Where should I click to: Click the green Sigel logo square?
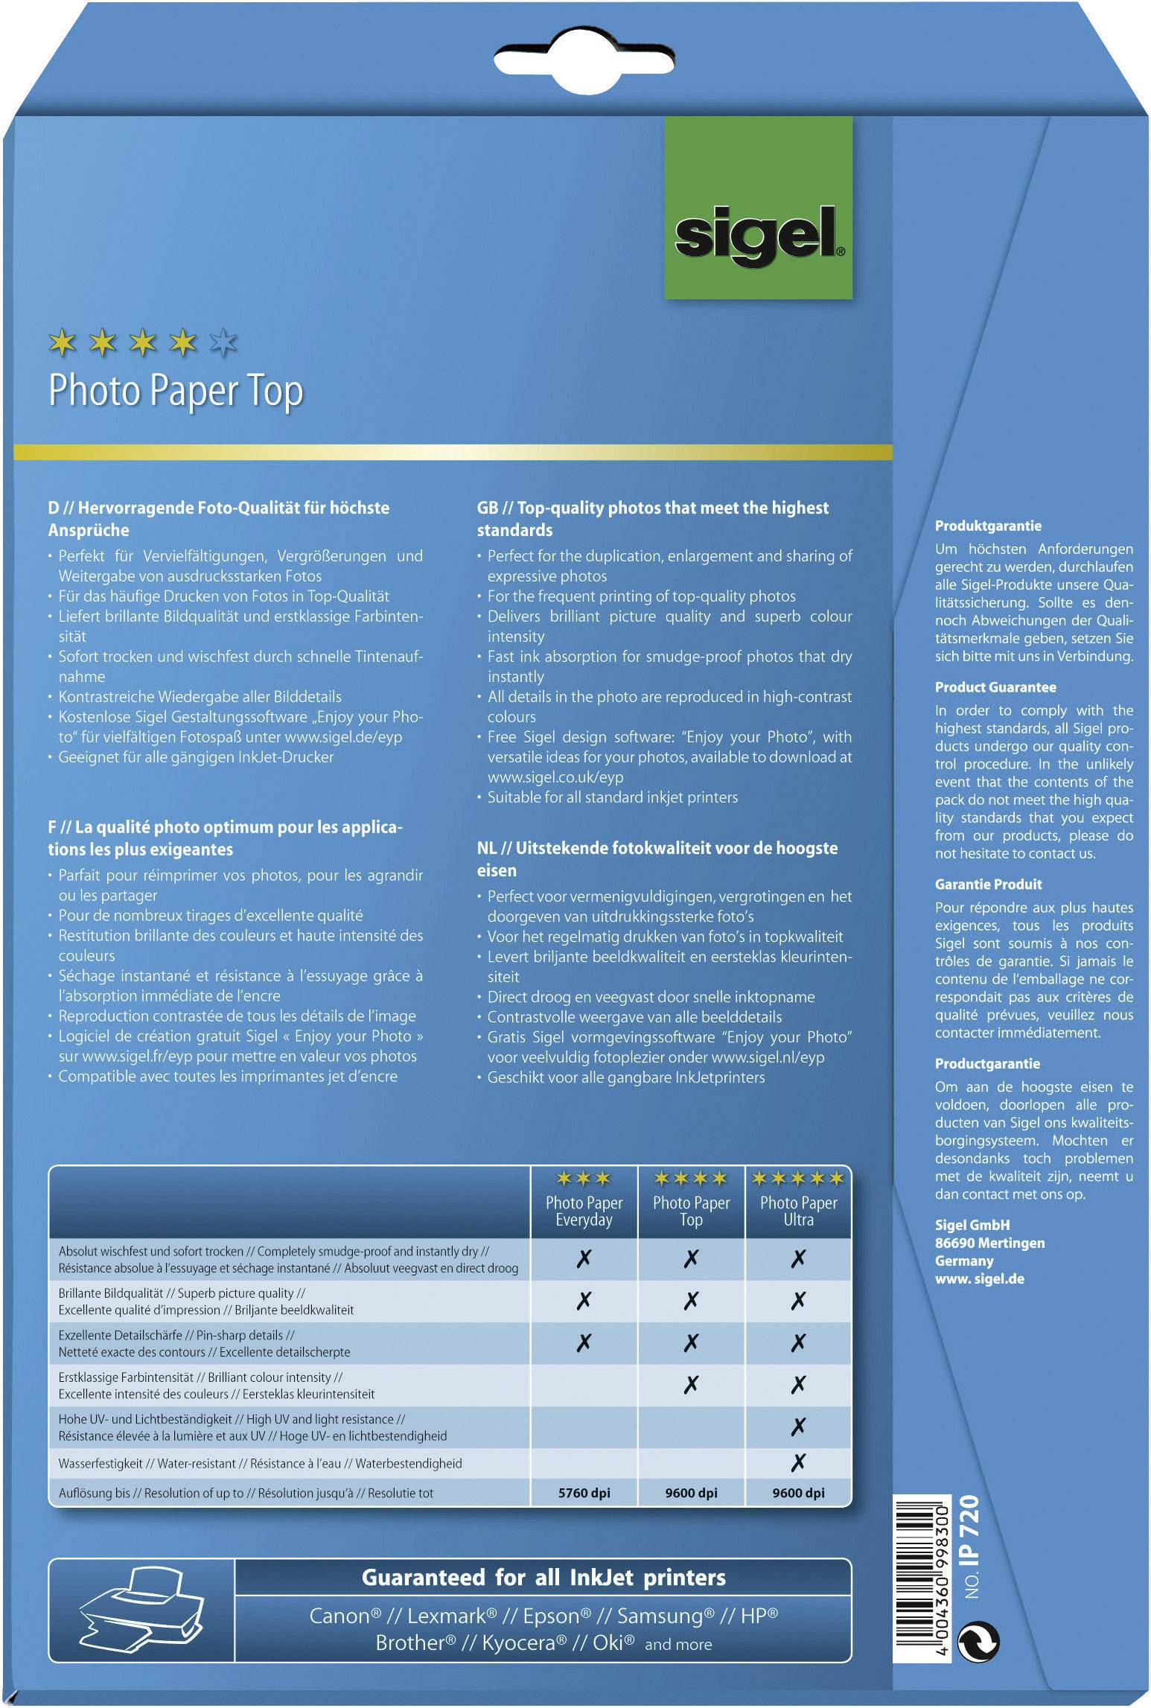[758, 208]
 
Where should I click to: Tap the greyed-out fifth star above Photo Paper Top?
[223, 342]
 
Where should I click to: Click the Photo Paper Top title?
[176, 391]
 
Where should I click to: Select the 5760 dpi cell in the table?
[584, 1493]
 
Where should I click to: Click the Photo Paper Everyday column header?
[584, 1211]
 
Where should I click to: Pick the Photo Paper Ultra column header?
[798, 1211]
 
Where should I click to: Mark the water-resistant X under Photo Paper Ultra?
[798, 1463]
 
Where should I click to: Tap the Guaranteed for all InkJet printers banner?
[543, 1578]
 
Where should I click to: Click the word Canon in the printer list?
[339, 1616]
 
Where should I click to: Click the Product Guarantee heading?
[995, 687]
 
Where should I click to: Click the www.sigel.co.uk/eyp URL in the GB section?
[555, 777]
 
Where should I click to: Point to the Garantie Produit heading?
[988, 885]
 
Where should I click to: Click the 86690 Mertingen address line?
[989, 1243]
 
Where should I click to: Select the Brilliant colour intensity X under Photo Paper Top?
[691, 1385]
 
